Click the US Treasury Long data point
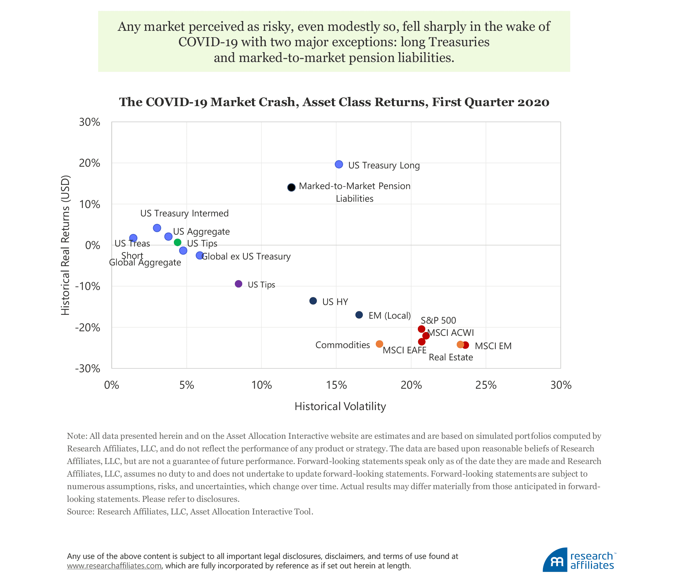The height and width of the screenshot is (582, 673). click(x=339, y=164)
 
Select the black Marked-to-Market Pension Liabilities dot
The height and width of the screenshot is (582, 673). click(x=291, y=187)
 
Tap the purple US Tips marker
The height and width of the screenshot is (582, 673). click(x=238, y=284)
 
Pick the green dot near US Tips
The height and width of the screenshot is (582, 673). click(x=178, y=242)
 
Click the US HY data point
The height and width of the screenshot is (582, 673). click(x=313, y=301)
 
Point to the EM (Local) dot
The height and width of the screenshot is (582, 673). click(x=359, y=315)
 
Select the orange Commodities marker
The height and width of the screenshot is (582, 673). click(x=379, y=344)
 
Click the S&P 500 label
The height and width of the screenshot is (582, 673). click(x=438, y=320)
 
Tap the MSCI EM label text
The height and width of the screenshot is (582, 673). click(x=493, y=346)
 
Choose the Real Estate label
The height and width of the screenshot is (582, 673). click(x=451, y=357)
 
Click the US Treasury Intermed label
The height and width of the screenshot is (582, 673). click(x=184, y=213)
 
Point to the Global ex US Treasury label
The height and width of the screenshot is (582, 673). click(x=246, y=256)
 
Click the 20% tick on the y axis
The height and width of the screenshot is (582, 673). click(x=90, y=163)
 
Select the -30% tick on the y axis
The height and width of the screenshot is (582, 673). click(x=88, y=368)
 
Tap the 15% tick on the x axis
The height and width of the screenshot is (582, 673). click(x=336, y=385)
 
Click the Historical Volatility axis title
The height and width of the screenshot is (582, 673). click(x=340, y=406)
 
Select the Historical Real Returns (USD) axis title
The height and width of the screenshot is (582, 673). click(x=66, y=245)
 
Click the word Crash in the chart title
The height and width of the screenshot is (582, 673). click(x=283, y=102)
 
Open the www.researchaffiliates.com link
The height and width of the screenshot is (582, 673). click(x=114, y=566)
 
